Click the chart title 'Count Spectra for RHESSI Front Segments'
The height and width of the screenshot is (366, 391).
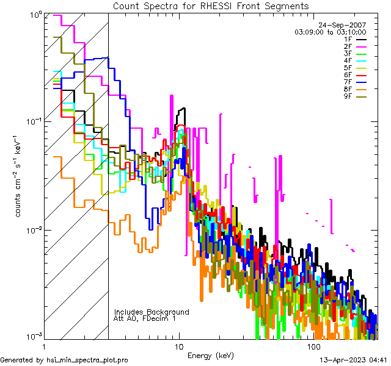pos(211,5)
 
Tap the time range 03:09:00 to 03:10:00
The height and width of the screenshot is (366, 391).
pos(330,31)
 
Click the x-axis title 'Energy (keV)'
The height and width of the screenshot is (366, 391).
pos(211,356)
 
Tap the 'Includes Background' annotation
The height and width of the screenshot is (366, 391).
pos(152,312)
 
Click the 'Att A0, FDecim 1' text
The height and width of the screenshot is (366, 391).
pos(145,318)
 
